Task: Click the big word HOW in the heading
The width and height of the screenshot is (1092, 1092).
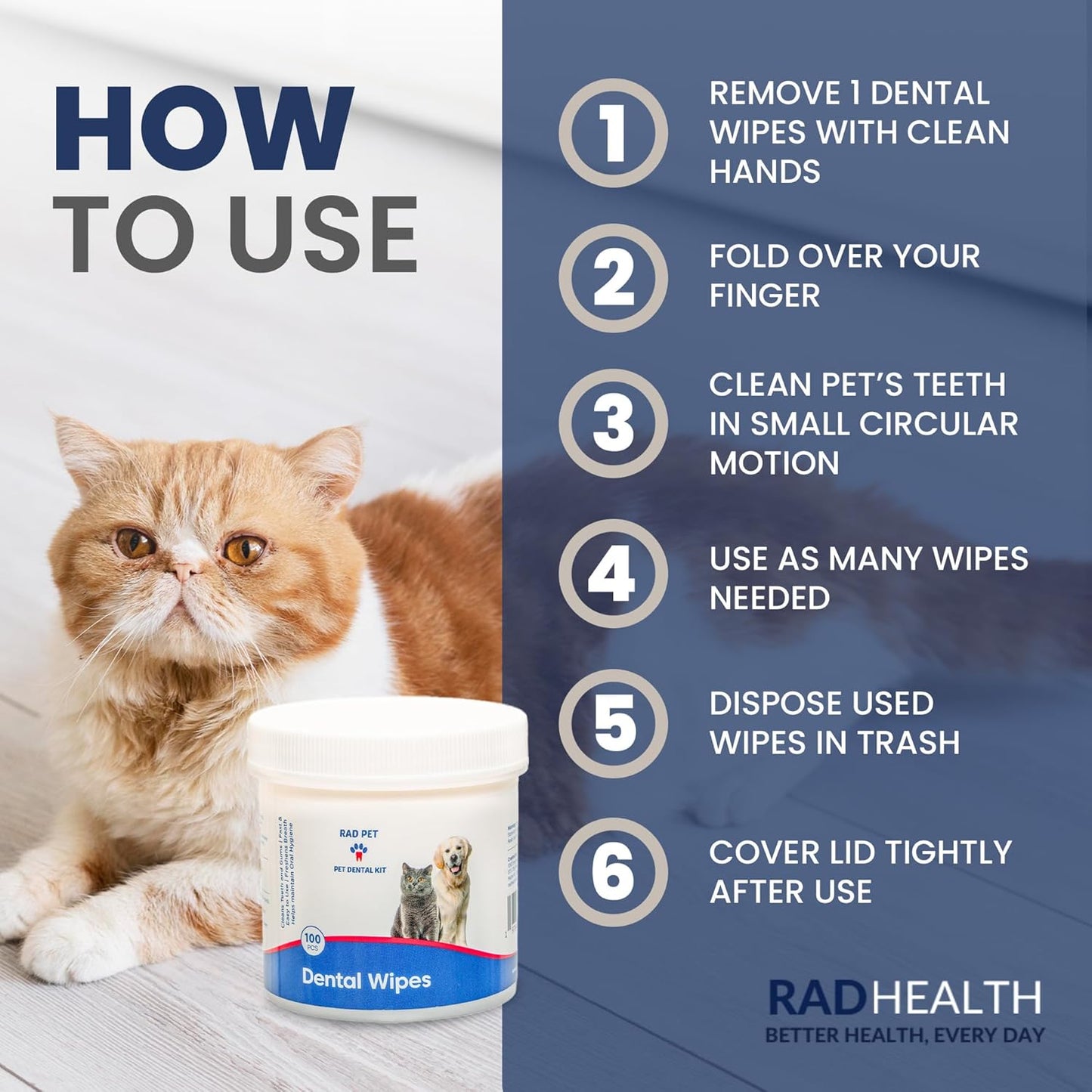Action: (203, 129)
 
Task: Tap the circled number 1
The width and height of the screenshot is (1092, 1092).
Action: (613, 133)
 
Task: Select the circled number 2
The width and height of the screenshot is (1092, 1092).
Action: (613, 278)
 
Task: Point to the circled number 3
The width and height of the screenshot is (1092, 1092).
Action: (613, 423)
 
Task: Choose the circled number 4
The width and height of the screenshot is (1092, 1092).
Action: (613, 574)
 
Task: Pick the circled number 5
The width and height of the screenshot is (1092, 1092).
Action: (613, 723)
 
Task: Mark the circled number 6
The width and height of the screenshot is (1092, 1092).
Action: (613, 871)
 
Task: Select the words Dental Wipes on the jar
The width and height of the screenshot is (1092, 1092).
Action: (366, 979)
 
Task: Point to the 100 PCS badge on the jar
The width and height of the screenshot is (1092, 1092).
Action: (312, 941)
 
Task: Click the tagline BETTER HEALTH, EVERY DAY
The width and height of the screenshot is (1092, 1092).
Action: (905, 1035)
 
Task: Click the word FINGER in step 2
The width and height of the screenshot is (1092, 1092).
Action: (765, 295)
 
